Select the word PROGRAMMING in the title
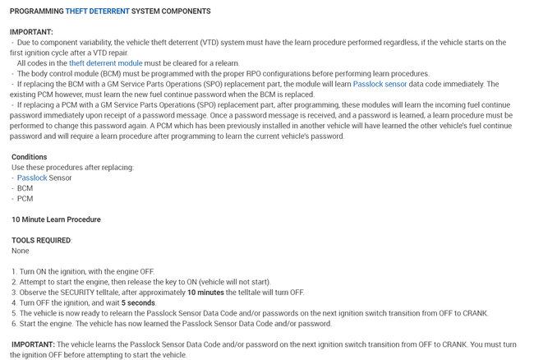[38, 11]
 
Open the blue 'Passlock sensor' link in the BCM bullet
[380, 84]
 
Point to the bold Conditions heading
[29, 157]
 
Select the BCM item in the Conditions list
[25, 188]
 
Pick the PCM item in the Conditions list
[25, 199]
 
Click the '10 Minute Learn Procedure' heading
[56, 219]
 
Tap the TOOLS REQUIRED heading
[41, 240]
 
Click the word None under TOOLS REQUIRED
[21, 251]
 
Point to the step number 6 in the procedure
[14, 324]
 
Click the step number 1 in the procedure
[14, 271]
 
